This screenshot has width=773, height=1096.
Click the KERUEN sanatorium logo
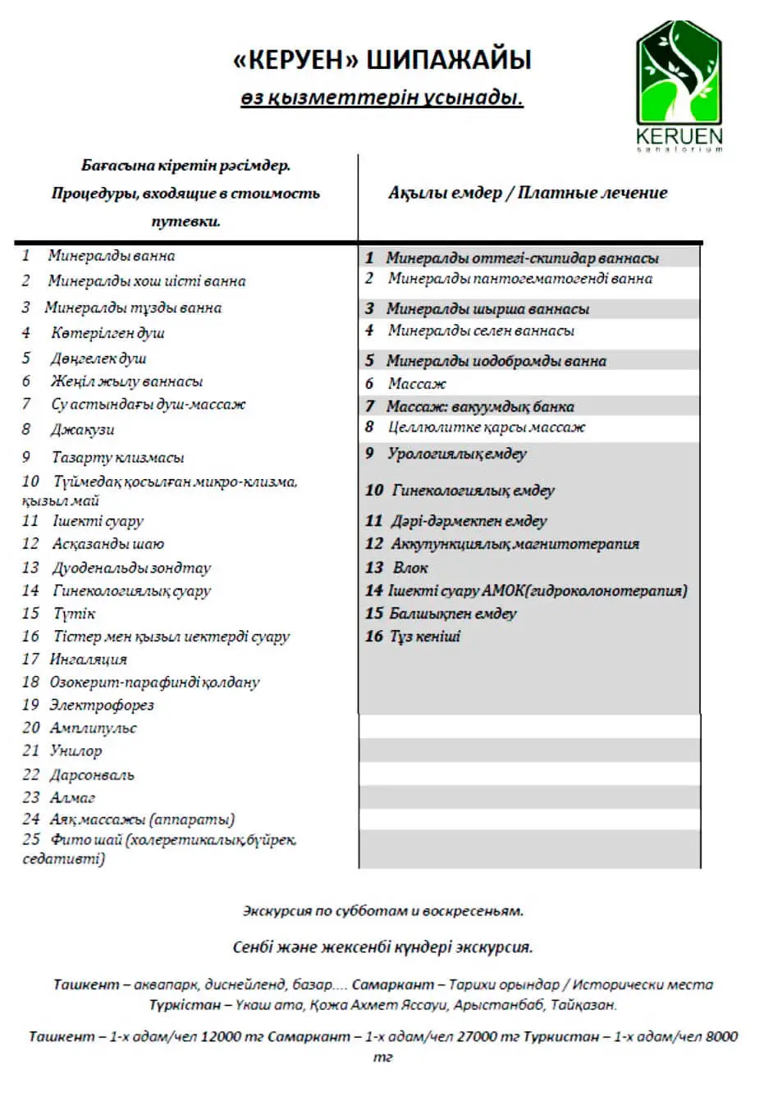679,86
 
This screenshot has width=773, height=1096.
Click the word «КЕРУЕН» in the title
295,60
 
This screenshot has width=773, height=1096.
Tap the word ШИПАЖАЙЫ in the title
448,60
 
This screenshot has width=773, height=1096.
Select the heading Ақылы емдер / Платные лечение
528,193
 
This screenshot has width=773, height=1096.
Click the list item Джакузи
83,430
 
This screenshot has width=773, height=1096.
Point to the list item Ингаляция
89,659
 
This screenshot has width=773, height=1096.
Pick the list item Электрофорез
102,705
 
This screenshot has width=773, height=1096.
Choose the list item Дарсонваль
92,774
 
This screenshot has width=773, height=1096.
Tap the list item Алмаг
73,797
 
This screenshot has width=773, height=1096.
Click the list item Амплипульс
94,728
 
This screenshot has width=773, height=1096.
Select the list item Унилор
76,751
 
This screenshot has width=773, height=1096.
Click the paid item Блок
410,568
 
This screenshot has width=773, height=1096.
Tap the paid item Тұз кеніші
424,637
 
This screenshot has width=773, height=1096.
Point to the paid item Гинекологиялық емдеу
473,491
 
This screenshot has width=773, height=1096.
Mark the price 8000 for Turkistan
721,1037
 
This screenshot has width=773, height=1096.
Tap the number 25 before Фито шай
31,839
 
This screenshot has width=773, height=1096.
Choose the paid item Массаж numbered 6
418,384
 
